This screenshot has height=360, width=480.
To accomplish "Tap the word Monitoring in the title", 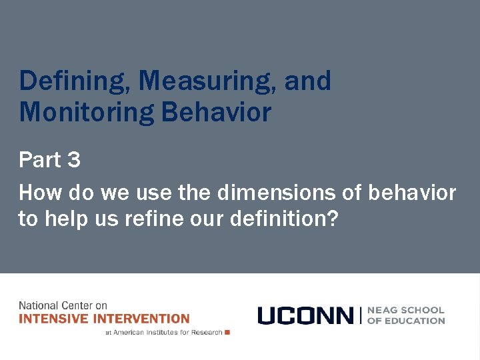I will [x=87, y=112].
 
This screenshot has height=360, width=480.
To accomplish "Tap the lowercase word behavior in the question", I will [x=411, y=193].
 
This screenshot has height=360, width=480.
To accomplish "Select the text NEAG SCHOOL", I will [x=406, y=310].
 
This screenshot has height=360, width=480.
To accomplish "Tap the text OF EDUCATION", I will [x=406, y=321].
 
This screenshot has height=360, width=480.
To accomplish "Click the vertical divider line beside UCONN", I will [x=360, y=315].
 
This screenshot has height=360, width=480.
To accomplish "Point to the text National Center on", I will [x=63, y=306].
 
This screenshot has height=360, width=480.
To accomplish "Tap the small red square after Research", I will [x=227, y=332].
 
